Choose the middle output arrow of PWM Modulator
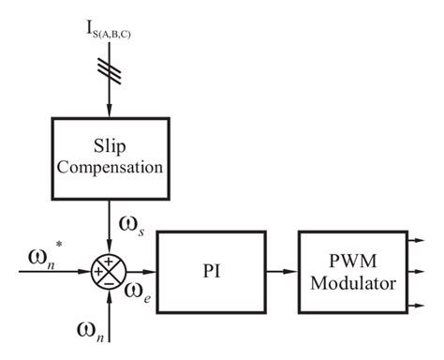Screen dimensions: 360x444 (419, 271)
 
